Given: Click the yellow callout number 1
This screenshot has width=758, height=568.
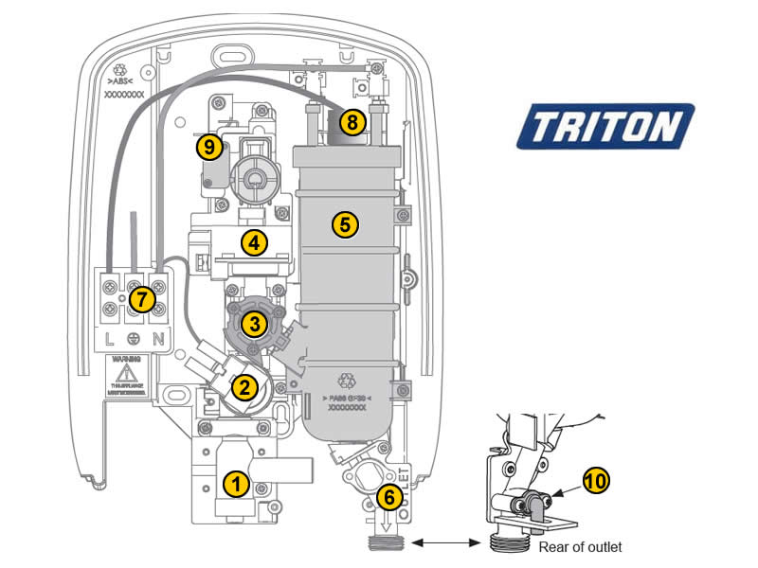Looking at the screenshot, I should (237, 483).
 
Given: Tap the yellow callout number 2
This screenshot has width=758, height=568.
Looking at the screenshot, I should (244, 385).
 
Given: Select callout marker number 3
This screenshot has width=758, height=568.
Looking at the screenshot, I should (254, 324).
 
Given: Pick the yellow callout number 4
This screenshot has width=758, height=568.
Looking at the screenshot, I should (253, 242).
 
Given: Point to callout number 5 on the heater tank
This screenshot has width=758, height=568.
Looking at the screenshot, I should (345, 224).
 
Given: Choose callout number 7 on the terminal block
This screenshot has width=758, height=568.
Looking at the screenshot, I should (141, 299).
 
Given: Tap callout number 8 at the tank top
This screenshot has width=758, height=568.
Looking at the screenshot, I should (352, 122).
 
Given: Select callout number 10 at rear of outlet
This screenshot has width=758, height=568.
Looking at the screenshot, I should (597, 480).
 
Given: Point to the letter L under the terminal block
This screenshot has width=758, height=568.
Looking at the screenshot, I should (110, 338).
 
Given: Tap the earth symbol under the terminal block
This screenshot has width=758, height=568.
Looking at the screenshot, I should (135, 338).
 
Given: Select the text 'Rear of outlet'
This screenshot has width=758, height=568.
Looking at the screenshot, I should (581, 547).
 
